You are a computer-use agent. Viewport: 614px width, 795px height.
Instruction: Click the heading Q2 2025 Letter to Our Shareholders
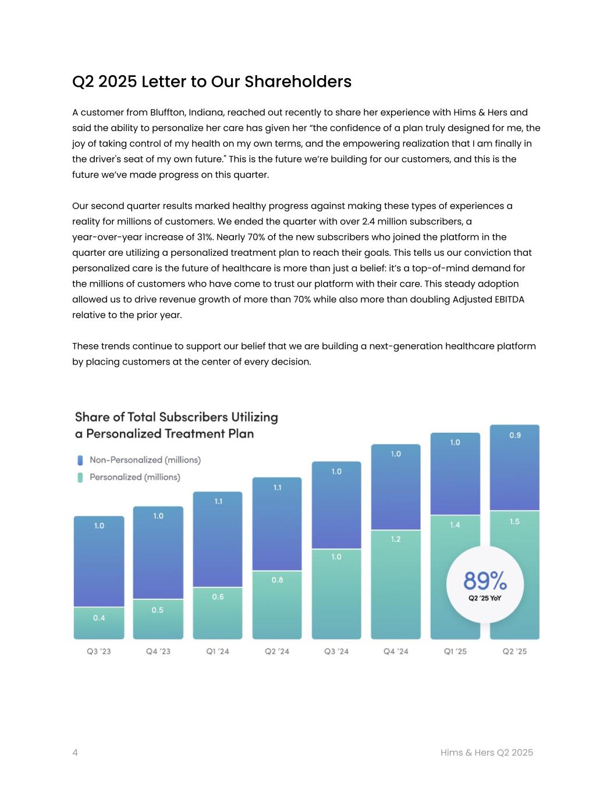click(x=211, y=82)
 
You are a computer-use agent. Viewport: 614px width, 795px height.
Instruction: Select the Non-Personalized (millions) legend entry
click(x=144, y=460)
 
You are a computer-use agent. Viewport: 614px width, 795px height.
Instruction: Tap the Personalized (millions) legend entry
click(x=134, y=477)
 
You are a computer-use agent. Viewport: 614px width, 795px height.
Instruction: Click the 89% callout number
click(x=485, y=581)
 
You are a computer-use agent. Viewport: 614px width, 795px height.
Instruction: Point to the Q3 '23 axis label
click(x=99, y=651)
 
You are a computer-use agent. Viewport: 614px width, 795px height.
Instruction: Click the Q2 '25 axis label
click(x=514, y=651)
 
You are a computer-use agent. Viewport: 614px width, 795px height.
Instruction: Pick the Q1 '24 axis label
click(x=218, y=651)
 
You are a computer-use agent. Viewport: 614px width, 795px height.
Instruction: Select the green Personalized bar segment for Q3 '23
click(x=99, y=623)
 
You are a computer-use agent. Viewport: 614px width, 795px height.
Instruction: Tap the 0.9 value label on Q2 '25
click(x=515, y=435)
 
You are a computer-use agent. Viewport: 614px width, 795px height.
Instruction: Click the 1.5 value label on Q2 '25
click(x=514, y=522)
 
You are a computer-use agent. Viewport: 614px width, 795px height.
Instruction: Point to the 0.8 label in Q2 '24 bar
click(x=277, y=580)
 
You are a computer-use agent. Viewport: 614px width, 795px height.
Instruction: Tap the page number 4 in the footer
click(x=75, y=752)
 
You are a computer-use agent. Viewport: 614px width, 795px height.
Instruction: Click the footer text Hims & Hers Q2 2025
click(x=487, y=752)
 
